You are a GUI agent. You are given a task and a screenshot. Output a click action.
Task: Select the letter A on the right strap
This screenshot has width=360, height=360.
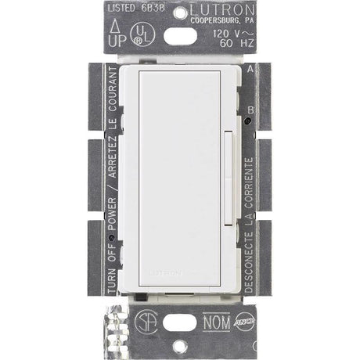click(249, 69)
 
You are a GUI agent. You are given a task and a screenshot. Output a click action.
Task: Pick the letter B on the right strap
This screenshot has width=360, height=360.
click(249, 111)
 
